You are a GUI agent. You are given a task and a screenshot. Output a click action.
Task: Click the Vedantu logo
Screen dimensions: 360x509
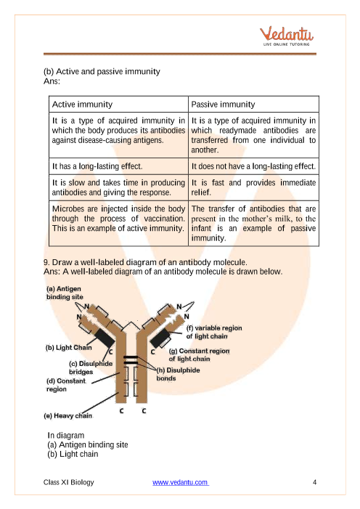pyautogui.click(x=286, y=36)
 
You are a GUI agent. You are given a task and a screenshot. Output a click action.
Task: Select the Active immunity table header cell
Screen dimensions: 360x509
pyautogui.click(x=118, y=105)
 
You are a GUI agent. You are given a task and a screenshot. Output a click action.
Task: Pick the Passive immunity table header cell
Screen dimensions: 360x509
pyautogui.click(x=253, y=105)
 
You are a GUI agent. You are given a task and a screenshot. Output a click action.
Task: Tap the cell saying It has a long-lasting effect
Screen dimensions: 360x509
pyautogui.click(x=118, y=166)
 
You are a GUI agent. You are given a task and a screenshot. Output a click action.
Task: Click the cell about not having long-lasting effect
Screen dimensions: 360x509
pyautogui.click(x=253, y=166)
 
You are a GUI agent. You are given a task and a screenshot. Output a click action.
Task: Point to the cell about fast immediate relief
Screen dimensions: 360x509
pyautogui.click(x=253, y=187)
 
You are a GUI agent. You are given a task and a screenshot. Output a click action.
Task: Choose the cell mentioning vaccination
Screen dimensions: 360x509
pyautogui.click(x=118, y=223)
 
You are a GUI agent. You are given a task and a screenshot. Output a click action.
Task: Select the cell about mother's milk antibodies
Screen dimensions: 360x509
pyautogui.click(x=253, y=223)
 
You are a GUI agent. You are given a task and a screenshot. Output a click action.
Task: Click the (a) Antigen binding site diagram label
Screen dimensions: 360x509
pyautogui.click(x=65, y=293)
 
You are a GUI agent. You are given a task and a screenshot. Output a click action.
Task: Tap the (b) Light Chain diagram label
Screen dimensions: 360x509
pyautogui.click(x=68, y=348)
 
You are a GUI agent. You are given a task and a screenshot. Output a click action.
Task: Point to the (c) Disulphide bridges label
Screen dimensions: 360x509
pyautogui.click(x=91, y=367)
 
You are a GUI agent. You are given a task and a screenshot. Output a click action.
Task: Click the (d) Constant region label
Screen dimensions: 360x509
pyautogui.click(x=66, y=385)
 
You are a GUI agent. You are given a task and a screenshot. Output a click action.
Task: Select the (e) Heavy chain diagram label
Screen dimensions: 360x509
pyautogui.click(x=67, y=416)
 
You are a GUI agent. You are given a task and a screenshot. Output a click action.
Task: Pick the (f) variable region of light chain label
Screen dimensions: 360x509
pyautogui.click(x=214, y=332)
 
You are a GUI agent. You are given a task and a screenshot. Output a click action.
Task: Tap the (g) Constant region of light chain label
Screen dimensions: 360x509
pyautogui.click(x=199, y=355)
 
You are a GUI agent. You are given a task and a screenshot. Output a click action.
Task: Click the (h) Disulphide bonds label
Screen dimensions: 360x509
pyautogui.click(x=178, y=374)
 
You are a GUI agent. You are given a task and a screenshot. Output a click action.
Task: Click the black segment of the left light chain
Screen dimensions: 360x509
pyautogui.click(x=105, y=338)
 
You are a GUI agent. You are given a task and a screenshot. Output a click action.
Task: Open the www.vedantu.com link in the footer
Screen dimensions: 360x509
pyautogui.click(x=181, y=482)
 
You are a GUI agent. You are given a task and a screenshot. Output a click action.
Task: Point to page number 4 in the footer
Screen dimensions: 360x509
pyautogui.click(x=314, y=482)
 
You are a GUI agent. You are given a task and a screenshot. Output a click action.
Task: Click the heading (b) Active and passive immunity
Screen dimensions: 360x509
pyautogui.click(x=102, y=71)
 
